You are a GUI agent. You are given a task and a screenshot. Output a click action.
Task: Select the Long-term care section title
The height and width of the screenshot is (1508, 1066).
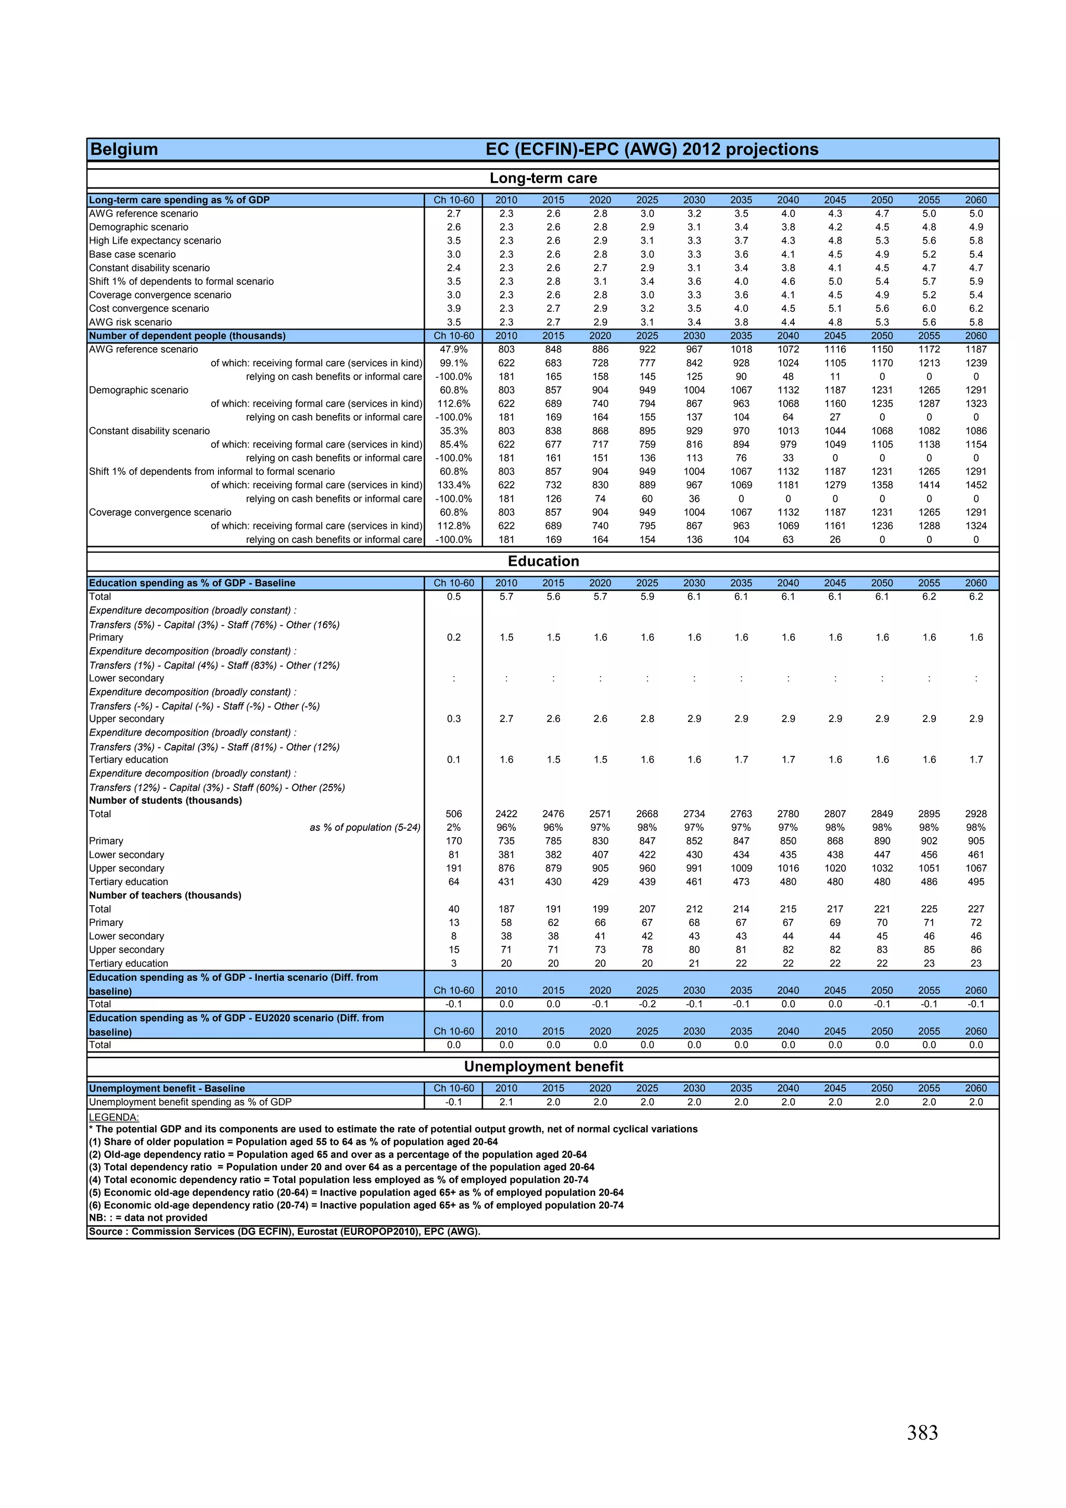coord(543,178)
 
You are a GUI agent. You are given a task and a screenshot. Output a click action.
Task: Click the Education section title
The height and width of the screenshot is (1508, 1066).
coord(543,561)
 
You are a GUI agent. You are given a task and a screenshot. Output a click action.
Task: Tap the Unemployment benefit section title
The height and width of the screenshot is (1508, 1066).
coord(543,1066)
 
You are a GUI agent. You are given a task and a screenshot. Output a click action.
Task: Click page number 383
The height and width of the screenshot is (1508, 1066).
coord(922,1433)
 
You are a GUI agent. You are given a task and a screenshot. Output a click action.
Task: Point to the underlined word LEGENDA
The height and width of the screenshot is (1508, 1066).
coord(113,1117)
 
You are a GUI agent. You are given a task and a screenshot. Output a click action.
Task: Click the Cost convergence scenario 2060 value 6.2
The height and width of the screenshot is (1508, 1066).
coord(975,308)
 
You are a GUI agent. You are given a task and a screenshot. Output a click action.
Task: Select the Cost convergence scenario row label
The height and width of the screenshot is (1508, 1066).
coord(149,308)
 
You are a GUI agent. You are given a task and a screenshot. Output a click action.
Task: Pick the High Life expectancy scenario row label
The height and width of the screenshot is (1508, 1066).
coord(155,240)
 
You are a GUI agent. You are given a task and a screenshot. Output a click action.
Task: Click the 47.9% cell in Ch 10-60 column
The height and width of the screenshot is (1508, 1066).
coord(453,349)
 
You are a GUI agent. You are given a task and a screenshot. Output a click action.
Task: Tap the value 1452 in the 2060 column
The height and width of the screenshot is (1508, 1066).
coord(975,485)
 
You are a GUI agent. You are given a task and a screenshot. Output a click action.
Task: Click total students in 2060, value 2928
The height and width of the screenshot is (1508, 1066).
coord(975,814)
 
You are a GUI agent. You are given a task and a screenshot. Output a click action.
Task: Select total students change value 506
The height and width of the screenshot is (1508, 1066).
coord(453,814)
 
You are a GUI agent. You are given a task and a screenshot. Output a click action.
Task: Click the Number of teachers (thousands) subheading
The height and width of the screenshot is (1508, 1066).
coord(165,895)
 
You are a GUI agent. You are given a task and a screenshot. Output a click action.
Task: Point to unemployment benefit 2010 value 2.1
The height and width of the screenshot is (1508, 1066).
coord(506,1102)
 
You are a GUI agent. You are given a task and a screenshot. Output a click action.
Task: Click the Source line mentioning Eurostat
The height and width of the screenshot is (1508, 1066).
coord(284,1232)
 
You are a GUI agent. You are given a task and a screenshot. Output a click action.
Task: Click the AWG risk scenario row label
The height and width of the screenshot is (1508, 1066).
coord(130,322)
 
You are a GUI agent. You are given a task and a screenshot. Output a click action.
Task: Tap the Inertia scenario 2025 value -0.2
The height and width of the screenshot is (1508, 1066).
coord(647,1004)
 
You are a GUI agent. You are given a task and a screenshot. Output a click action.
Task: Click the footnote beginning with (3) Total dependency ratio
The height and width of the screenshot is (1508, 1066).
coord(341,1167)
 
